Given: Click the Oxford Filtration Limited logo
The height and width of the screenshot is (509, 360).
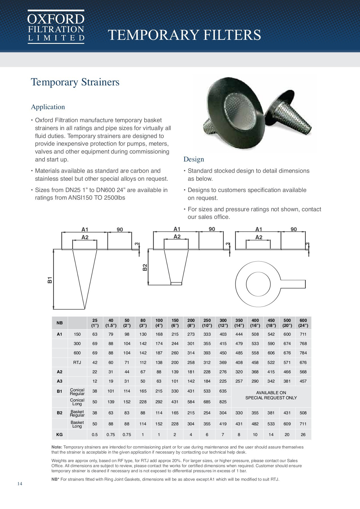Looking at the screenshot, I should [x=56, y=27].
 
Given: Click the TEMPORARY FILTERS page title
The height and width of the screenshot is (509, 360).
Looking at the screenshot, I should [x=184, y=35].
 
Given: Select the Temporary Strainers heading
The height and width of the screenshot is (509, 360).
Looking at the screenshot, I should [x=75, y=82].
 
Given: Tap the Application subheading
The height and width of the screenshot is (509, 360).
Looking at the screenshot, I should [x=48, y=107].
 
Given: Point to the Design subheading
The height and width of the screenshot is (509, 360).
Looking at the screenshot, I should [x=193, y=159].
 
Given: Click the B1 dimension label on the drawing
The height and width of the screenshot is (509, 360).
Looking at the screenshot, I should [x=50, y=280].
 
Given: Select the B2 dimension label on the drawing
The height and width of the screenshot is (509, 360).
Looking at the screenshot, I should [x=145, y=267].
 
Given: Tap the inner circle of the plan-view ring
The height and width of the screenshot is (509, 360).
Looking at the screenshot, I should [x=258, y=284].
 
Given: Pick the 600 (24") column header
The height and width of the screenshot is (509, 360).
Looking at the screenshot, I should [x=303, y=323].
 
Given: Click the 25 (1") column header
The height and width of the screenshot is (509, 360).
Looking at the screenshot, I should [x=95, y=323].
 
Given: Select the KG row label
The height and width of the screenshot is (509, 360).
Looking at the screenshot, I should [x=59, y=435].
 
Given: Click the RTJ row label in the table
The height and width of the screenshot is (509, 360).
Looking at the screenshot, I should [x=77, y=363].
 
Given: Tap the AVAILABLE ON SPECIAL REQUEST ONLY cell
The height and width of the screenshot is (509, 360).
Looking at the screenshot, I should [x=271, y=395].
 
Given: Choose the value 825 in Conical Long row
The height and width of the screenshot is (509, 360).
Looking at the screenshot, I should [x=223, y=402].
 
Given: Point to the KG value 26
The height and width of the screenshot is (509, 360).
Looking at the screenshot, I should [x=303, y=435].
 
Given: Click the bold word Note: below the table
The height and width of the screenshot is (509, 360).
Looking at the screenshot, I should [x=57, y=447].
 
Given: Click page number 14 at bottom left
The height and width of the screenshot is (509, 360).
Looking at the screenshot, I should [x=20, y=484].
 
